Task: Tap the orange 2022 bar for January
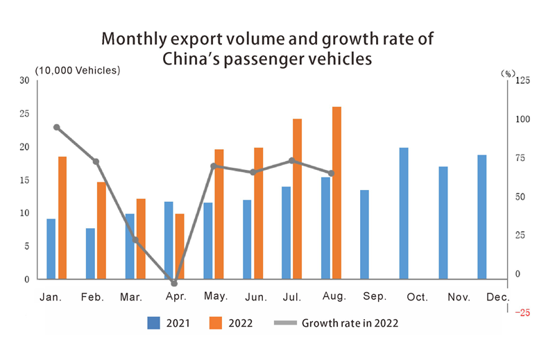pyautogui.click(x=62, y=218)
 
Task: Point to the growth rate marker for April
pyautogui.click(x=174, y=284)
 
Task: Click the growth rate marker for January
pyautogui.click(x=57, y=128)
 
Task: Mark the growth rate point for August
pyautogui.click(x=331, y=173)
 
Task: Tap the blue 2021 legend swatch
pyautogui.click(x=154, y=323)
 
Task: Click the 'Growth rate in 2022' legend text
pyautogui.click(x=350, y=323)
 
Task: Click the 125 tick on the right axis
pyautogui.click(x=520, y=80)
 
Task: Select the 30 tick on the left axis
pyautogui.click(x=24, y=80)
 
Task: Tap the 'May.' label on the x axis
pyautogui.click(x=216, y=297)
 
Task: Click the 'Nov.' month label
pyautogui.click(x=459, y=297)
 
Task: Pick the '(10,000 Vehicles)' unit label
pyautogui.click(x=78, y=70)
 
